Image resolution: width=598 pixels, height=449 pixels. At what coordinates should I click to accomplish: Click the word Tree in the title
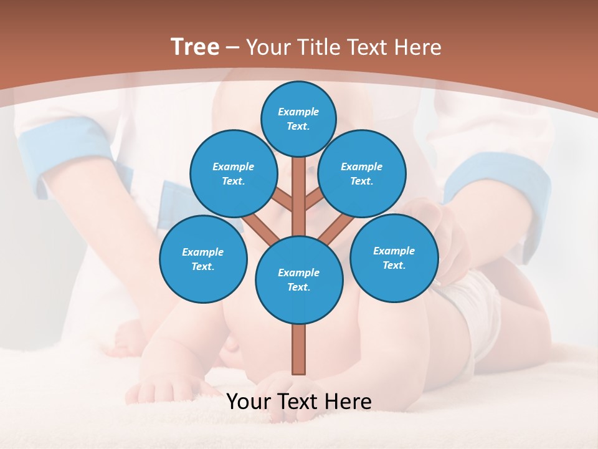point(195,47)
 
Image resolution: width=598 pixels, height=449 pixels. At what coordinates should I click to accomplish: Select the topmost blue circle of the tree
point(299,118)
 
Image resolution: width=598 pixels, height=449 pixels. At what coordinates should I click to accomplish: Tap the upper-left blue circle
point(234,173)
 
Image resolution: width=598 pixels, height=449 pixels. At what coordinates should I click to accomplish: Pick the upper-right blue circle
point(362,173)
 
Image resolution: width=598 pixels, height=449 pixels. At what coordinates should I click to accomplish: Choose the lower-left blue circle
point(203,259)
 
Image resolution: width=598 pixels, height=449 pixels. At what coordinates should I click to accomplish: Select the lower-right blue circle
point(394,258)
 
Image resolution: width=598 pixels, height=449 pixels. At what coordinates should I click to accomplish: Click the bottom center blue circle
point(299,279)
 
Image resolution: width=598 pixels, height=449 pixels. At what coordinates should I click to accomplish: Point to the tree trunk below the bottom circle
point(299,349)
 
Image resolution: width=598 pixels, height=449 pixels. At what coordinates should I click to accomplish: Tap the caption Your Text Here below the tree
point(299,402)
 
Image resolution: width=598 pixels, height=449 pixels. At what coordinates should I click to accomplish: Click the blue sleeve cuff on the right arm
point(498,181)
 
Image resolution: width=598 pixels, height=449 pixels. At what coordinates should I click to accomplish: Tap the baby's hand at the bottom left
point(156,390)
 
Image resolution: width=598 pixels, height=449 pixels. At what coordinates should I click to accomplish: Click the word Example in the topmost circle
point(298,112)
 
